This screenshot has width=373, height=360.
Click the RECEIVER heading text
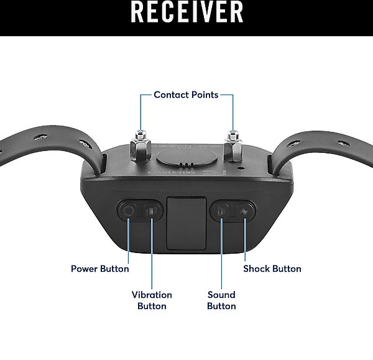pyautogui.click(x=187, y=11)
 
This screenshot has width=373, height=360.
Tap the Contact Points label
pyautogui.click(x=186, y=95)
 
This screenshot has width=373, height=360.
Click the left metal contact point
pyautogui.click(x=140, y=146)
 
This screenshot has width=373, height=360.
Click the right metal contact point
pyautogui.click(x=233, y=145)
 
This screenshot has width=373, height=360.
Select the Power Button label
pyautogui.click(x=100, y=269)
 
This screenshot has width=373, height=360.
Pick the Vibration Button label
pyautogui.click(x=152, y=300)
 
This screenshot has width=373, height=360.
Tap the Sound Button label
pyautogui.click(x=221, y=300)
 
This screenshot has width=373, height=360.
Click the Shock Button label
pyautogui.click(x=272, y=269)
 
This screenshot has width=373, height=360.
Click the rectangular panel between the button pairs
pyautogui.click(x=186, y=223)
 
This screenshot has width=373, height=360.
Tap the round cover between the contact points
pyautogui.click(x=186, y=157)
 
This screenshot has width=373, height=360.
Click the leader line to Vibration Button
pyautogui.click(x=152, y=254)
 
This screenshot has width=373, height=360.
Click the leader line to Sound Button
pyautogui.click(x=221, y=254)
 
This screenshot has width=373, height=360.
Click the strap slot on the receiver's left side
pyautogui.click(x=104, y=164)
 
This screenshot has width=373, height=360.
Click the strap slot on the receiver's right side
pyautogui.click(x=270, y=164)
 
